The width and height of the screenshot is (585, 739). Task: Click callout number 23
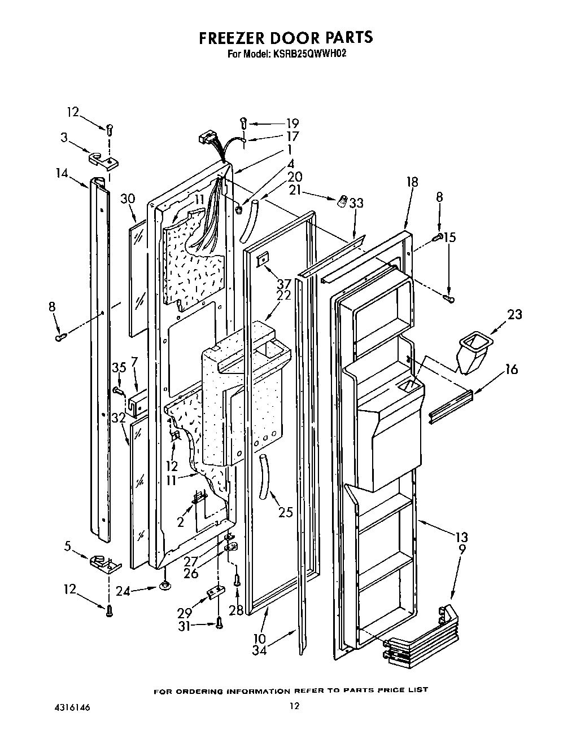(x=514, y=315)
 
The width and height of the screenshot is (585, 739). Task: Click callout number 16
(x=511, y=369)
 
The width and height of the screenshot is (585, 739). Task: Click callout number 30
(x=128, y=198)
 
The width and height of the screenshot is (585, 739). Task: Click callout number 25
(x=286, y=513)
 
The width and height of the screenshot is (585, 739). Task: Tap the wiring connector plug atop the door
(x=207, y=139)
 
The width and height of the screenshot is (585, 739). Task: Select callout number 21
(x=295, y=190)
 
